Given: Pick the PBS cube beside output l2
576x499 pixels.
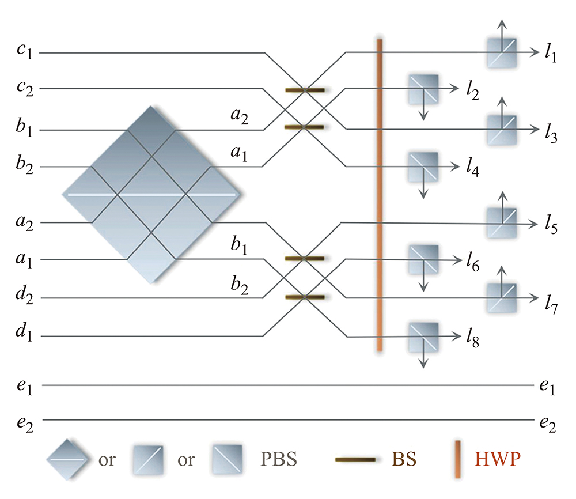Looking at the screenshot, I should [x=423, y=89].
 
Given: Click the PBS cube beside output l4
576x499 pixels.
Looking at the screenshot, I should [x=423, y=167].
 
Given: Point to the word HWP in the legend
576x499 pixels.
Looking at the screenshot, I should [x=494, y=459].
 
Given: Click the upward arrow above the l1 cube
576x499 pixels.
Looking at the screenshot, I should [x=502, y=29].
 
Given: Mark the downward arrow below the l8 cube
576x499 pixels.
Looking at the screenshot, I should [x=423, y=360].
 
